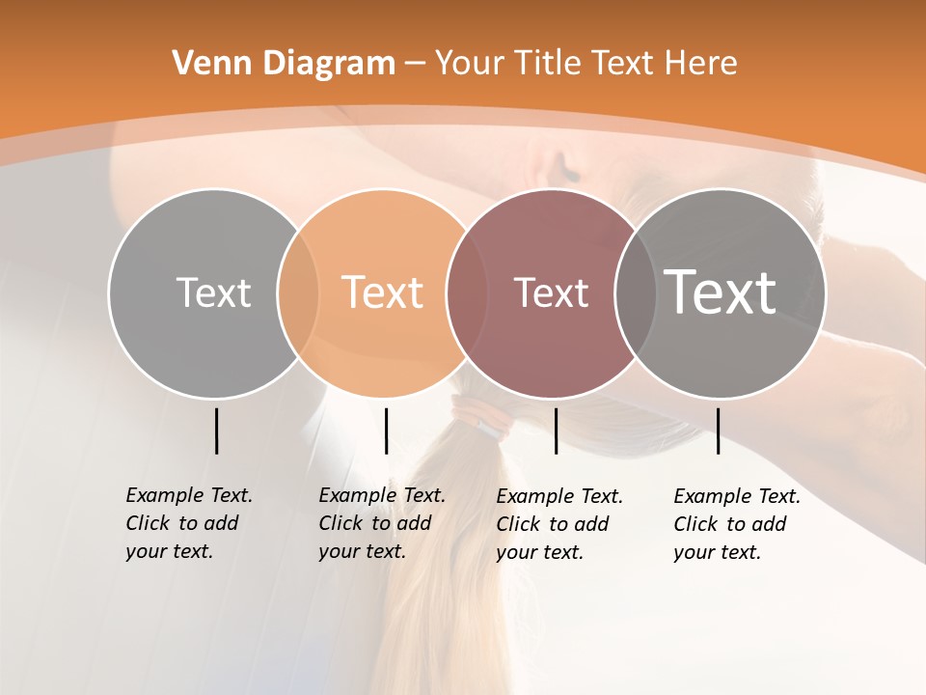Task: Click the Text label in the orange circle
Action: tap(383, 292)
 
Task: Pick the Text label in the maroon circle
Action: tap(551, 293)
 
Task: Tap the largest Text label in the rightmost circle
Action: tap(721, 292)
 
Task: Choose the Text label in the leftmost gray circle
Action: tap(213, 292)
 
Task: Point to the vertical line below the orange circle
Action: tap(386, 431)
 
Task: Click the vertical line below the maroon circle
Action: tap(556, 431)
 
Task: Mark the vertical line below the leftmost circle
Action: tap(216, 431)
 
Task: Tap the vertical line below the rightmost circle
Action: tap(718, 431)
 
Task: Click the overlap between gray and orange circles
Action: tap(298, 293)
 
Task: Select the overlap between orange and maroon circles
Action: tap(460, 293)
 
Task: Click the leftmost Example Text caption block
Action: tap(188, 523)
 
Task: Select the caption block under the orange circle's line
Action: tap(381, 523)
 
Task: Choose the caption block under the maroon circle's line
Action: tap(558, 524)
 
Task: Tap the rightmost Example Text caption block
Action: tap(736, 524)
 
